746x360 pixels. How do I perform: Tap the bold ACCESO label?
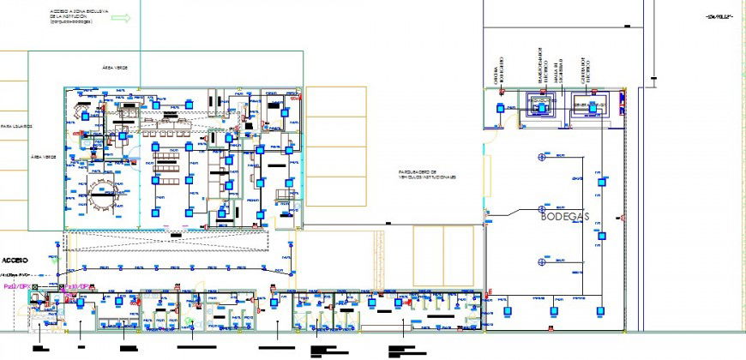15,260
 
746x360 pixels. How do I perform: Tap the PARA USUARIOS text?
16,125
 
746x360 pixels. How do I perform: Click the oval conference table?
103,196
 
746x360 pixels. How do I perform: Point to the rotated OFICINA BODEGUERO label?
496,72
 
